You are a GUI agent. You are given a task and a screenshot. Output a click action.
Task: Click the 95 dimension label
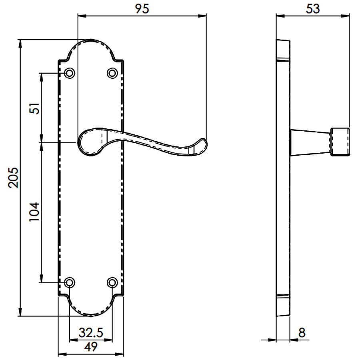point(142,8)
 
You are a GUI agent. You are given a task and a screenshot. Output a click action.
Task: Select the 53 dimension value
point(313,9)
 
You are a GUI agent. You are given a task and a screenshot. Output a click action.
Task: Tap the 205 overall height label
point(13,178)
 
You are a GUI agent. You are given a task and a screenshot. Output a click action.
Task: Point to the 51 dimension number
point(34,108)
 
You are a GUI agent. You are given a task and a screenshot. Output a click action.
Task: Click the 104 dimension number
point(34,212)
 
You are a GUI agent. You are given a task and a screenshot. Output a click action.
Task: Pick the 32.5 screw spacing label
point(91,333)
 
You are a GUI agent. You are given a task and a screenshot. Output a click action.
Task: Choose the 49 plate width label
point(91,347)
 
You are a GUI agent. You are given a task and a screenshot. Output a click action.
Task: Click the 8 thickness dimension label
point(302,333)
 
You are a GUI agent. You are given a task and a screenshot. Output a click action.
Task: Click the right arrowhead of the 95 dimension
point(202,16)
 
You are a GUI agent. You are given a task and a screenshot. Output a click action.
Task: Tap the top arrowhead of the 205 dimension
point(20,44)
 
